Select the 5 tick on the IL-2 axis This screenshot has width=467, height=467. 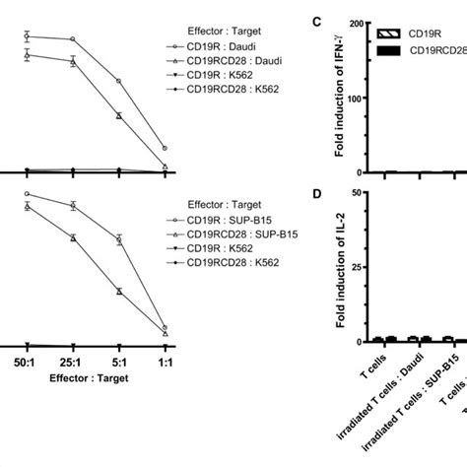coord(363,193)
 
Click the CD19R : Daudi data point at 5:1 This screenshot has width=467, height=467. coord(119,81)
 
